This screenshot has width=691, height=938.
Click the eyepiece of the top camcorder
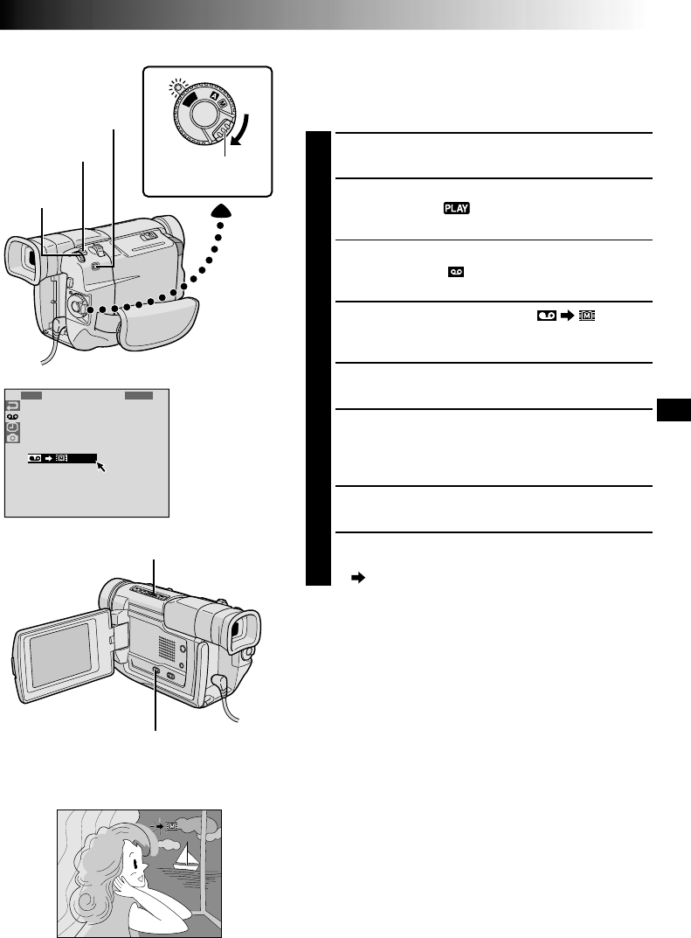[x=22, y=260]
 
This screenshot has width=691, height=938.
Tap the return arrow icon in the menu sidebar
[x=13, y=406]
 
